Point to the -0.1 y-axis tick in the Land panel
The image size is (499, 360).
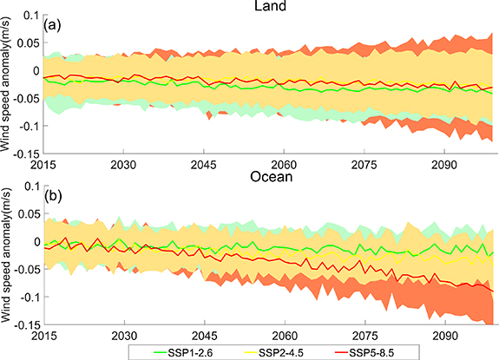(x=26, y=126)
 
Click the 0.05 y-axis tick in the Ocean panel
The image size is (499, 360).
(x=26, y=213)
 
